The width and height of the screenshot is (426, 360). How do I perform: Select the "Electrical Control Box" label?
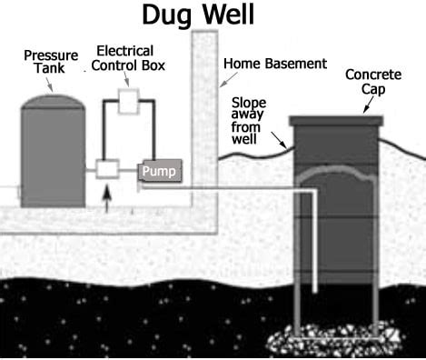point(124,58)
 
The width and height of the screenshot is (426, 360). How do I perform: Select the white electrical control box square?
point(127,102)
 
